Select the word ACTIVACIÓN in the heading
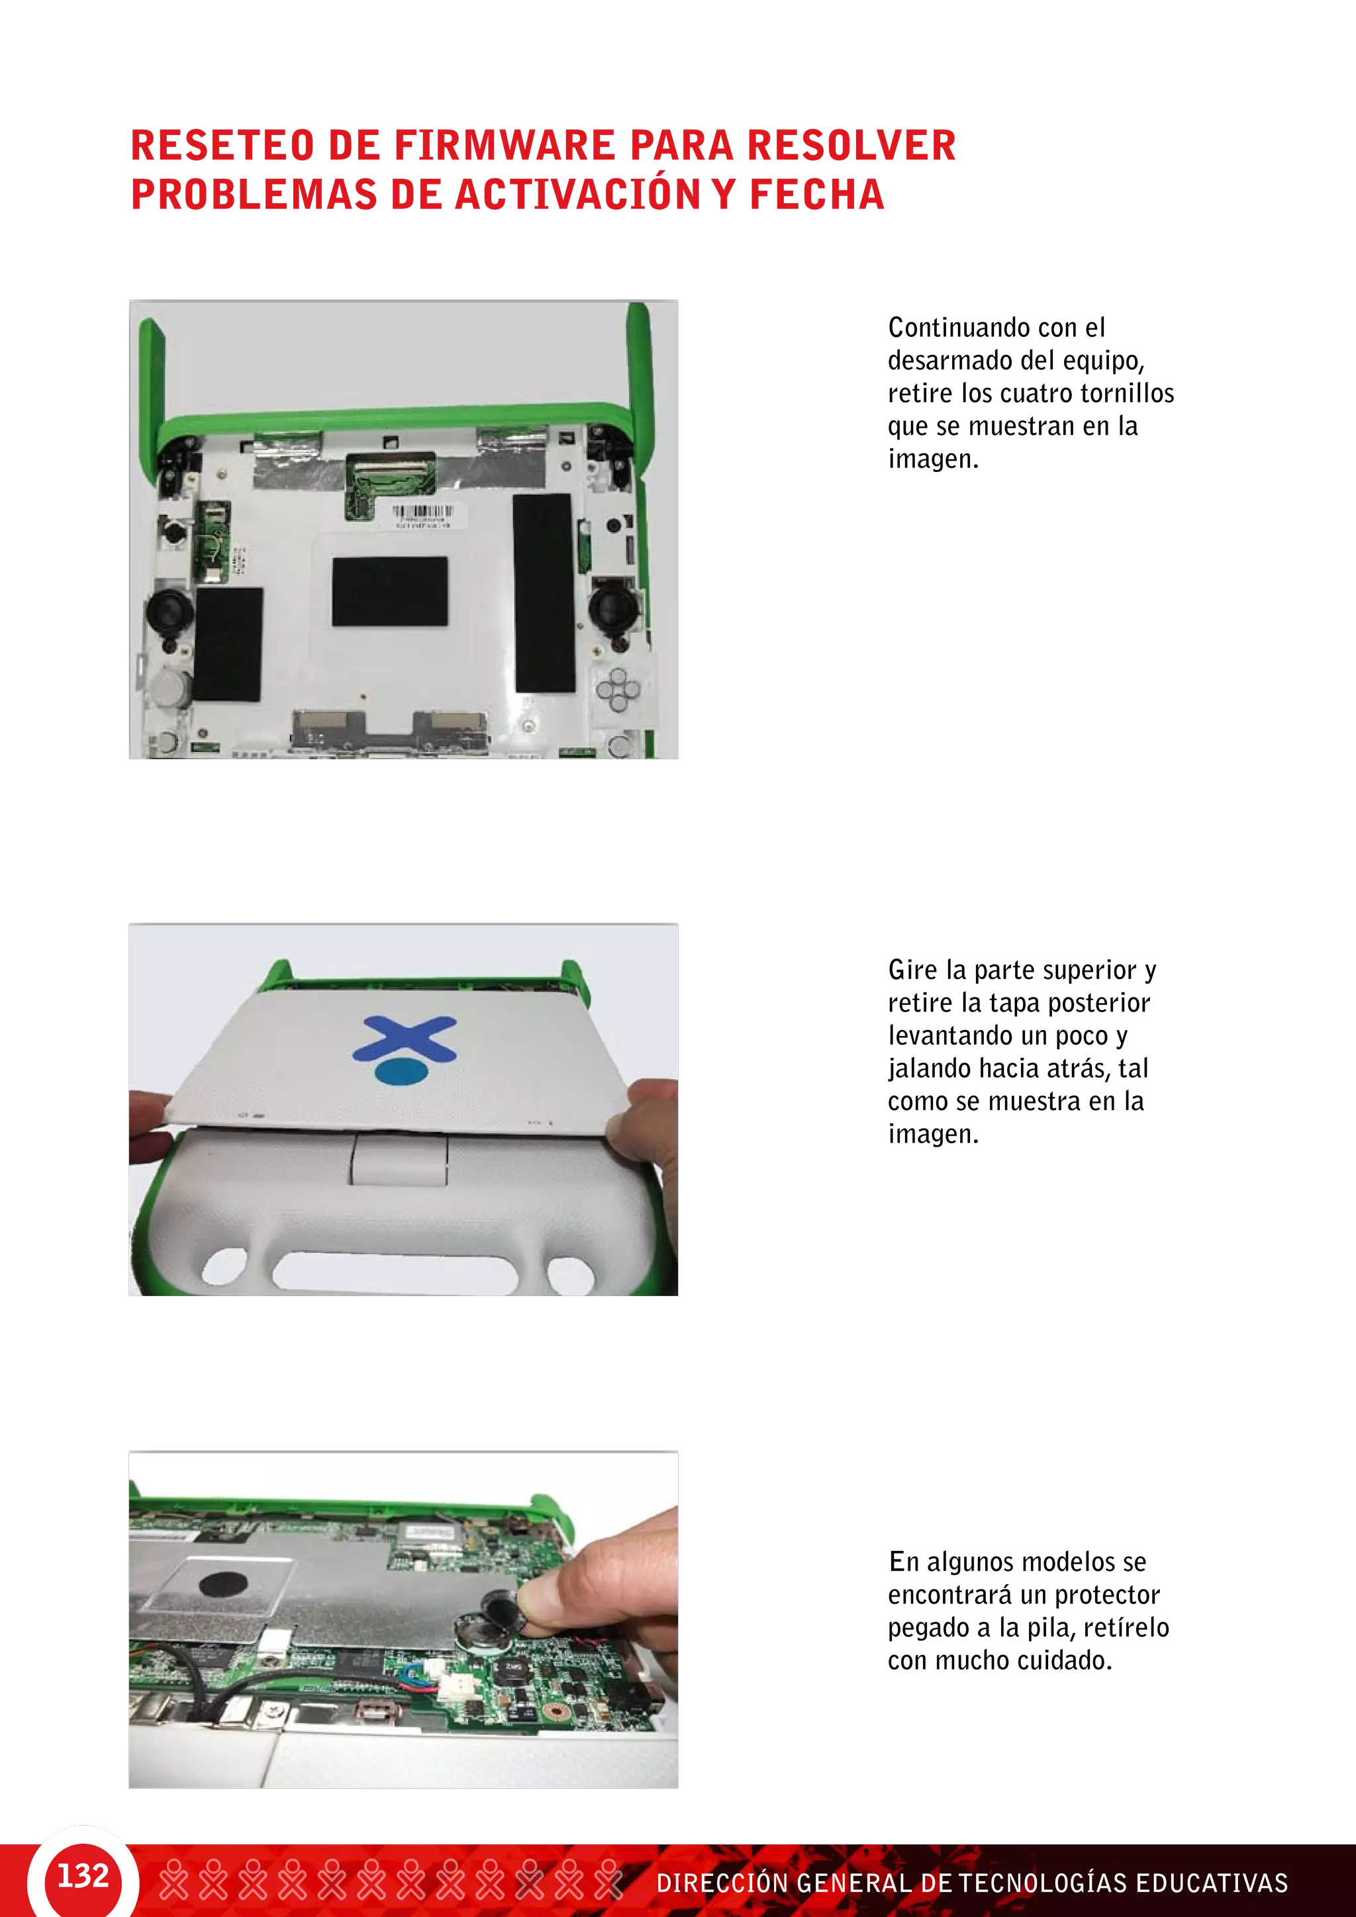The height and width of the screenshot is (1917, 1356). [x=577, y=195]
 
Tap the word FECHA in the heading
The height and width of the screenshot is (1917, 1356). [x=816, y=195]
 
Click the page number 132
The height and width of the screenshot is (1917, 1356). [x=83, y=1875]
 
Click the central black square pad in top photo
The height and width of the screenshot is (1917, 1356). [x=389, y=591]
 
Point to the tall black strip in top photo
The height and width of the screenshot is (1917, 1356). [x=544, y=593]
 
